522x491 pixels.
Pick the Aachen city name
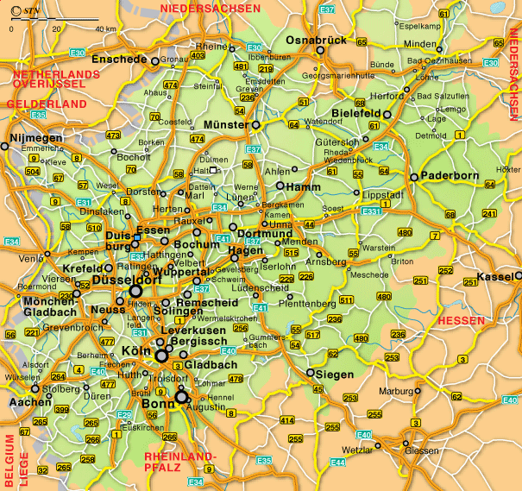(29, 402)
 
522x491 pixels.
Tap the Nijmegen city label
(35, 137)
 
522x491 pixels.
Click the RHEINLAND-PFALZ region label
(181, 460)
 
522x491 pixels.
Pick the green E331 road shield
(371, 211)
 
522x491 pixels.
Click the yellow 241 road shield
(489, 214)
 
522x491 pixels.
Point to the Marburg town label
(397, 390)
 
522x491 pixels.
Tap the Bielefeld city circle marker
(387, 113)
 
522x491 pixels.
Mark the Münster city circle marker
(255, 125)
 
